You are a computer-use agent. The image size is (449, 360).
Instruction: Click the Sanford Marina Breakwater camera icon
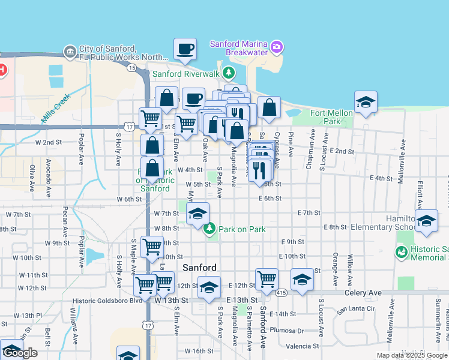pos(276,46)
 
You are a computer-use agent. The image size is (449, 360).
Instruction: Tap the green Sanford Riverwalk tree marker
pos(228,73)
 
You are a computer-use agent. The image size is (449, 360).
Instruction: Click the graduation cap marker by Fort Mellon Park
pos(365,102)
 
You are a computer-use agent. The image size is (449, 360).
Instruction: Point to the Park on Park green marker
pos(209,229)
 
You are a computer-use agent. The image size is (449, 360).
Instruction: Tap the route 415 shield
pos(282,292)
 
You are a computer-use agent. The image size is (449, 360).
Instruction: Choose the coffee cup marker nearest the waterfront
pos(185,49)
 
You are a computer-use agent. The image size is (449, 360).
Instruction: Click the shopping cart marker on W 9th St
pos(152,246)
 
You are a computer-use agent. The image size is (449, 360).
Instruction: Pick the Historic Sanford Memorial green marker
pos(402,253)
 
